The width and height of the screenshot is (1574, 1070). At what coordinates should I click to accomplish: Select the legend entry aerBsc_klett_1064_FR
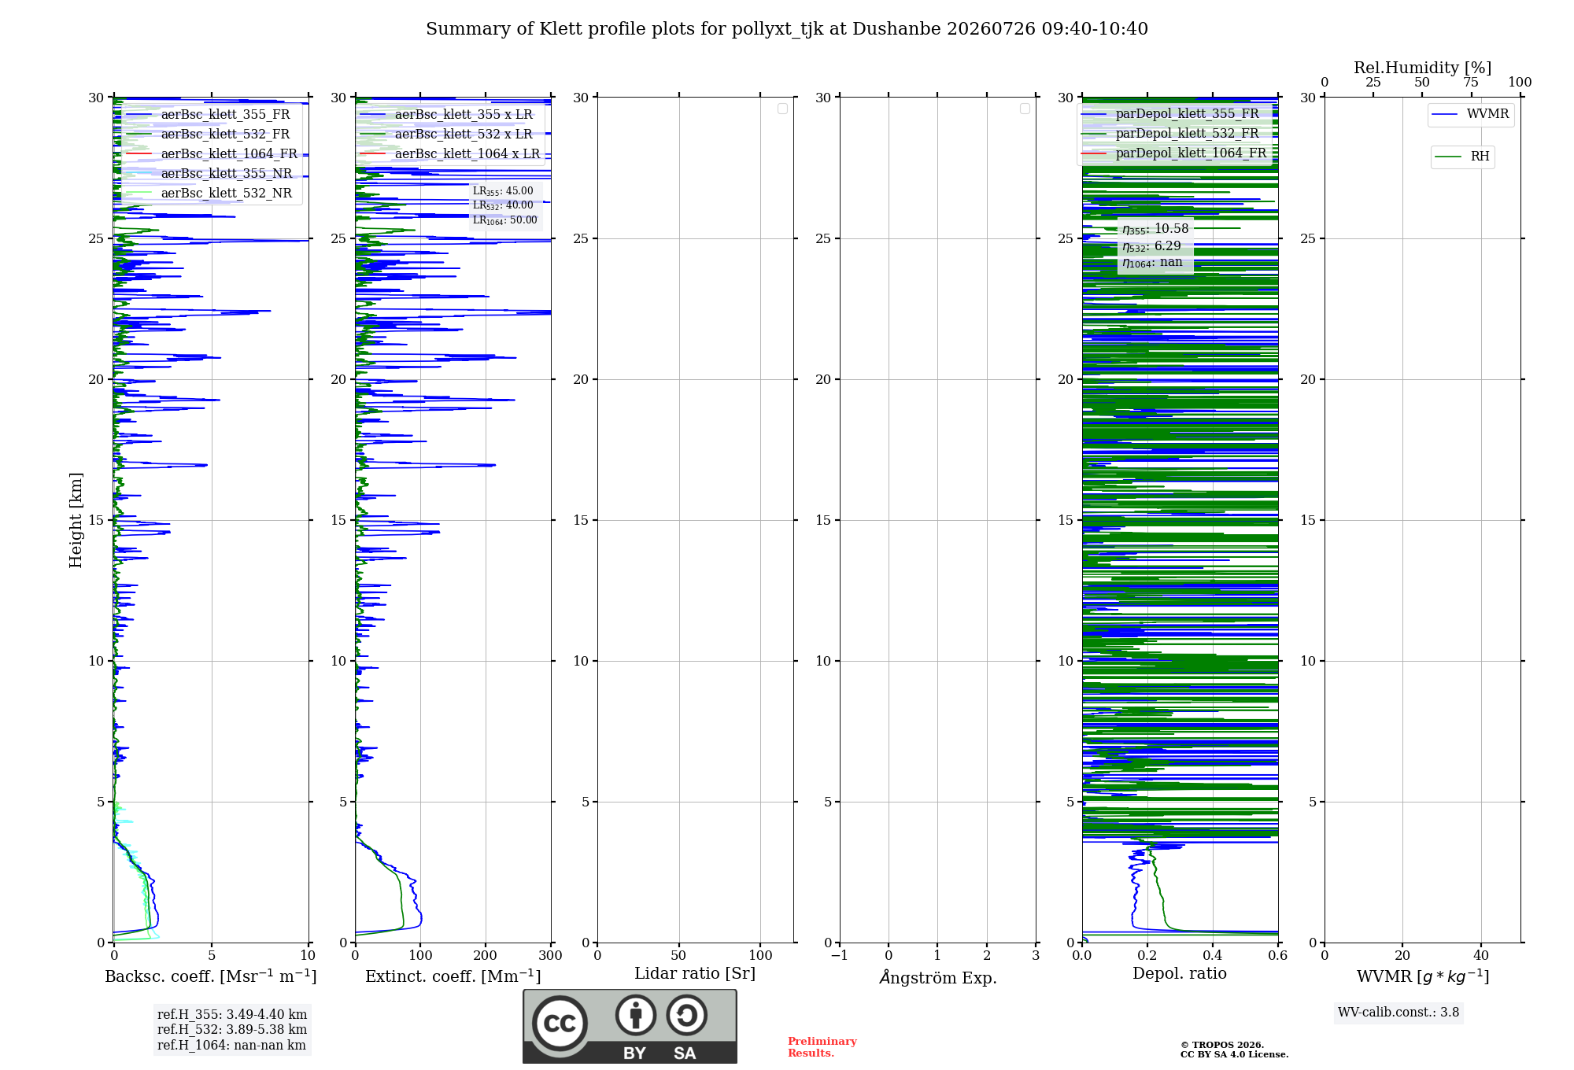[212, 153]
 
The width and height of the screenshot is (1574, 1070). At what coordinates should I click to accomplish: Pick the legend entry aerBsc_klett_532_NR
[209, 193]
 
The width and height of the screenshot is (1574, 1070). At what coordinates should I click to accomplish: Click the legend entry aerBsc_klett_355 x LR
[446, 114]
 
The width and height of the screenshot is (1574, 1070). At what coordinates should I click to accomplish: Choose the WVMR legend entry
[1470, 114]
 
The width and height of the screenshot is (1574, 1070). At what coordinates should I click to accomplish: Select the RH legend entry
[1462, 157]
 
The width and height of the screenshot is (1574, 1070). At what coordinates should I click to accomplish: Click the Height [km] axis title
[76, 520]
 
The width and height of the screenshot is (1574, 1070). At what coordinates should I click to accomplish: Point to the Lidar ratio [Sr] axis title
[695, 974]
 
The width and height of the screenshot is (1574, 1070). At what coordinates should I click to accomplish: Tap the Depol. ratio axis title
[1180, 974]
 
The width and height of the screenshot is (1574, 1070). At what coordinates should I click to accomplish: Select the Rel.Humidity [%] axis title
[1423, 68]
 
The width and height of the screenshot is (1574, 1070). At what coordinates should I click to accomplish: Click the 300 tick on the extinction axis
[551, 956]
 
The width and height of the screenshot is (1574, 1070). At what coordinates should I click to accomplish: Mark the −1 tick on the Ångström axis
[840, 956]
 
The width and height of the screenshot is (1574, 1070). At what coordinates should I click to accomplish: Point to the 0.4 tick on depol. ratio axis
[1213, 956]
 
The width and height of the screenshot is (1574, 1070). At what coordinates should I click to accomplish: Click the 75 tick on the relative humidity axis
[1471, 83]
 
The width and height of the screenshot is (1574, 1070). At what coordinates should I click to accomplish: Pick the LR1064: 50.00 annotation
[504, 220]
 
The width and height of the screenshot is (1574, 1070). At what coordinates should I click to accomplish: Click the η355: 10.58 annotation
[1155, 229]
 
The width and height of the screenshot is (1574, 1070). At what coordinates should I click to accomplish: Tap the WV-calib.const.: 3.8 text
[1398, 1013]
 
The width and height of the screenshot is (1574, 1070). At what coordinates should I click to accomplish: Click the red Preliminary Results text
[822, 1047]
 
